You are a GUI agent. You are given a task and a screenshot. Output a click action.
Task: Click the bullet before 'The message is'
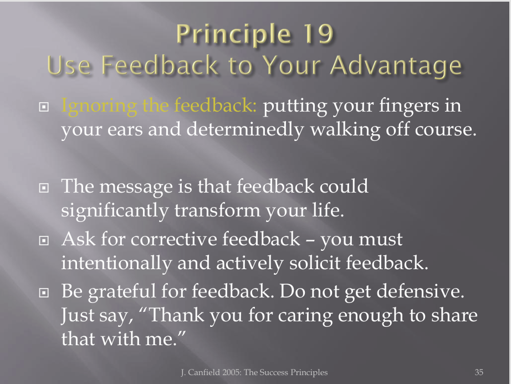pyautogui.click(x=44, y=188)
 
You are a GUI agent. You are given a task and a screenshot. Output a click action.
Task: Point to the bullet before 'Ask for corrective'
pyautogui.click(x=44, y=240)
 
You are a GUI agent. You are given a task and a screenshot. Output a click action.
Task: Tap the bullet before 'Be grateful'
pyautogui.click(x=44, y=292)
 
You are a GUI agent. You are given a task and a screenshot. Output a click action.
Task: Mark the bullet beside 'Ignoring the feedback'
pyautogui.click(x=44, y=107)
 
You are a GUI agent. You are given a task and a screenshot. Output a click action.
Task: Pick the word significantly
pyautogui.click(x=115, y=211)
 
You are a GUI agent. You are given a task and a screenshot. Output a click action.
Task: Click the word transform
pyautogui.click(x=217, y=210)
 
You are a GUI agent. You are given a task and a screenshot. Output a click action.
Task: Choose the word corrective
pyautogui.click(x=173, y=239)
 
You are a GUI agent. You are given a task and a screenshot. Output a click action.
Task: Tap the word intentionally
pyautogui.click(x=116, y=263)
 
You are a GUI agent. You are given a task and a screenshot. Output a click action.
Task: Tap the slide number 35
pyautogui.click(x=479, y=372)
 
